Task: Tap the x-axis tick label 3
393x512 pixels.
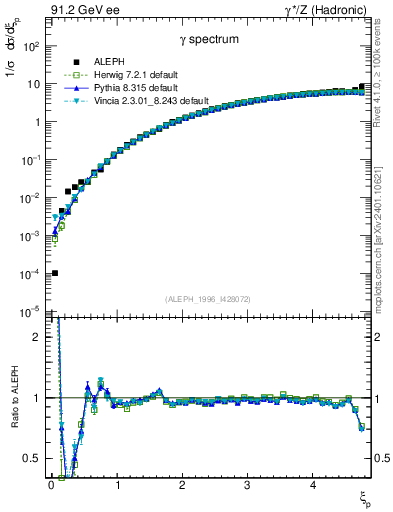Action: tap(247, 486)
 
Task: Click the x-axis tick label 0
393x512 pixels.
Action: tap(50, 486)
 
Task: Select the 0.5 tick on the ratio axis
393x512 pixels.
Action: tap(33, 458)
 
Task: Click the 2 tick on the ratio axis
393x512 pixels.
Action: tap(38, 337)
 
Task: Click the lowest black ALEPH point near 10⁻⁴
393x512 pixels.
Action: tap(54, 273)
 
